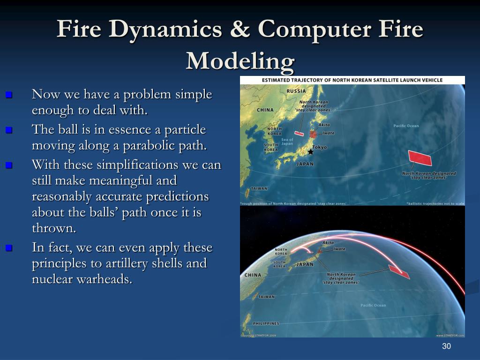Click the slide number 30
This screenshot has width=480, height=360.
click(446, 346)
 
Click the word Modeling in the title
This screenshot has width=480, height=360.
click(240, 60)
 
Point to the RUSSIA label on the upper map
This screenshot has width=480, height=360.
click(296, 91)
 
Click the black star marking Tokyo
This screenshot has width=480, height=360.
click(310, 152)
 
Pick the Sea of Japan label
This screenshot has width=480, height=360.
click(287, 142)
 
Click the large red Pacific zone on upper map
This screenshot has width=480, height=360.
click(420, 158)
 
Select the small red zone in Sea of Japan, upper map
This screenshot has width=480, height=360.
click(299, 133)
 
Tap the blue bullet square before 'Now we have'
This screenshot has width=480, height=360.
click(8, 95)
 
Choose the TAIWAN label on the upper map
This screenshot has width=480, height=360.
click(259, 188)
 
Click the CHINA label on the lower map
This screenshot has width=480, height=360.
click(253, 275)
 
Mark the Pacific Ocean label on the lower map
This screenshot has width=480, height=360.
click(373, 305)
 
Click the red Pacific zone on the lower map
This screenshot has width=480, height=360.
click(398, 271)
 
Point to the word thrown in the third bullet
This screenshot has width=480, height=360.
click(52, 228)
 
